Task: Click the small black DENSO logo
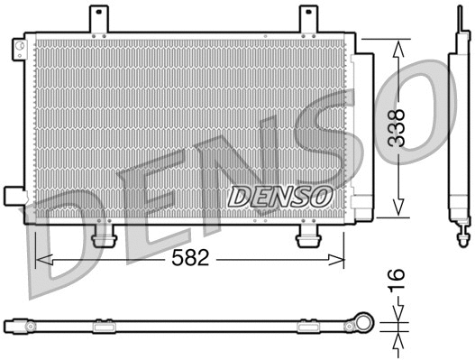pyautogui.click(x=280, y=194)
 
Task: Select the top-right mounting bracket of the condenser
pyautogui.click(x=308, y=20)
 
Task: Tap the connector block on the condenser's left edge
pyautogui.click(x=14, y=196)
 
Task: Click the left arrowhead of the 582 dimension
pyautogui.click(x=41, y=260)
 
